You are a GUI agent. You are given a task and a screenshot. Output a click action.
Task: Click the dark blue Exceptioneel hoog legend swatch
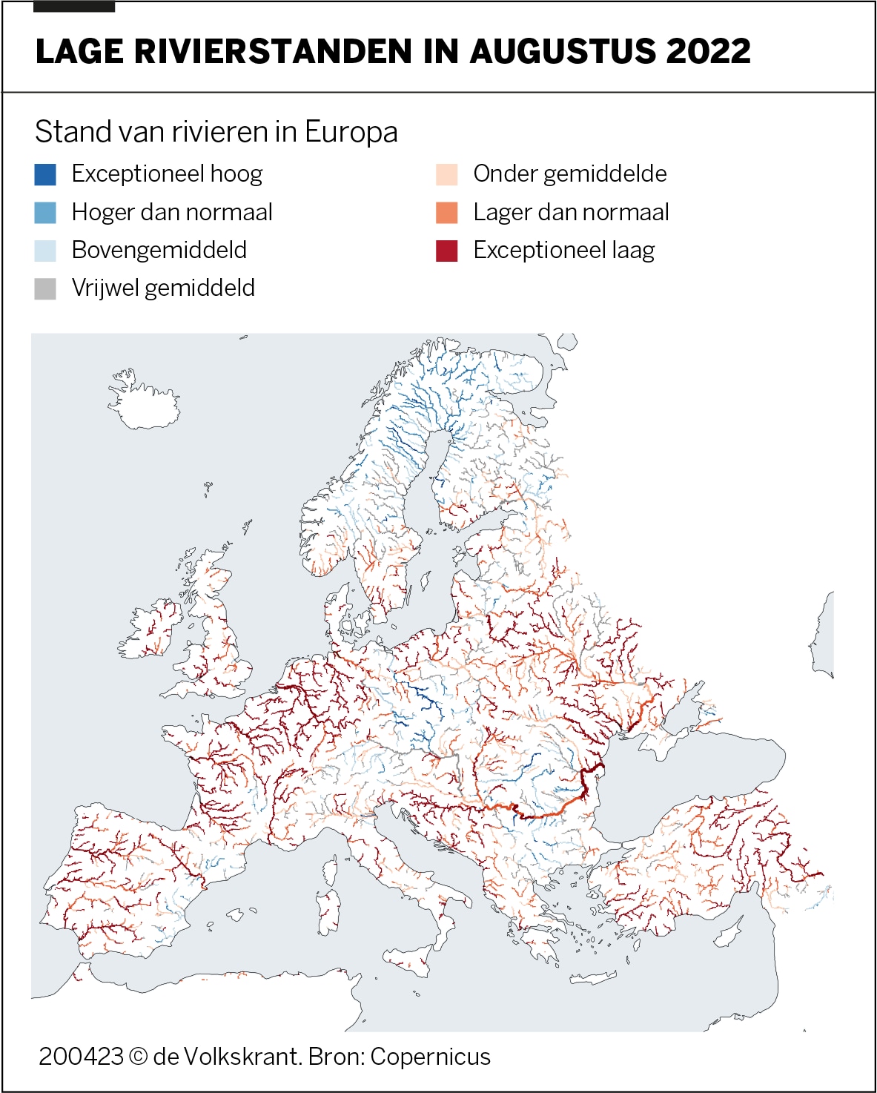(x=45, y=174)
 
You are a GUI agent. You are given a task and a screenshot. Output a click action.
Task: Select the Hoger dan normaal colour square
(x=45, y=212)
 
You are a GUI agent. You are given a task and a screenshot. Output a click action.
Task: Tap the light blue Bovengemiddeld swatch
(x=45, y=250)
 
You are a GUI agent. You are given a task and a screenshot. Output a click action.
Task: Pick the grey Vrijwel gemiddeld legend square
(x=45, y=288)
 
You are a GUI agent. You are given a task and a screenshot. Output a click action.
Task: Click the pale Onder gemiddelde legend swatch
(x=447, y=174)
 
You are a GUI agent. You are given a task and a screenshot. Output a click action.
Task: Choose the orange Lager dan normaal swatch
(x=447, y=212)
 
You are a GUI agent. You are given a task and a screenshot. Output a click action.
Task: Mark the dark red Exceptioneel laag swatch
(x=447, y=250)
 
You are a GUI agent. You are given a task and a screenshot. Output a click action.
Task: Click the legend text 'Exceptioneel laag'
(x=563, y=251)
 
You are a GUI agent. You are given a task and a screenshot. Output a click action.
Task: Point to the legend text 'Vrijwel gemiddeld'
(x=163, y=288)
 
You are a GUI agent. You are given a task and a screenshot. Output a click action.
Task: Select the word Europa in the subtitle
(x=351, y=132)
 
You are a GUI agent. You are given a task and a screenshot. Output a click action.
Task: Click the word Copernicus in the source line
(x=430, y=1057)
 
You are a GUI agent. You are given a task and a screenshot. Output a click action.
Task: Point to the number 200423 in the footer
(x=80, y=1057)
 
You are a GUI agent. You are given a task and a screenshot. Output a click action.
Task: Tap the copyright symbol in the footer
(x=138, y=1057)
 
